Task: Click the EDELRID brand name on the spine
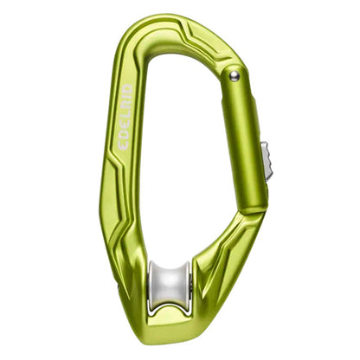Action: [125, 117]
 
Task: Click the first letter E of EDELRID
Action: [124, 145]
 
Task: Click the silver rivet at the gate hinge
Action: [235, 76]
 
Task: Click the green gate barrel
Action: [244, 141]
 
